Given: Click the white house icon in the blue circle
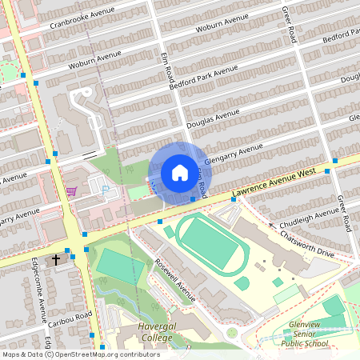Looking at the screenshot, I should (x=179, y=172).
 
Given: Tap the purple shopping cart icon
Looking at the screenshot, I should (x=71, y=191).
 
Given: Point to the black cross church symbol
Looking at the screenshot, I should (x=56, y=260).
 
